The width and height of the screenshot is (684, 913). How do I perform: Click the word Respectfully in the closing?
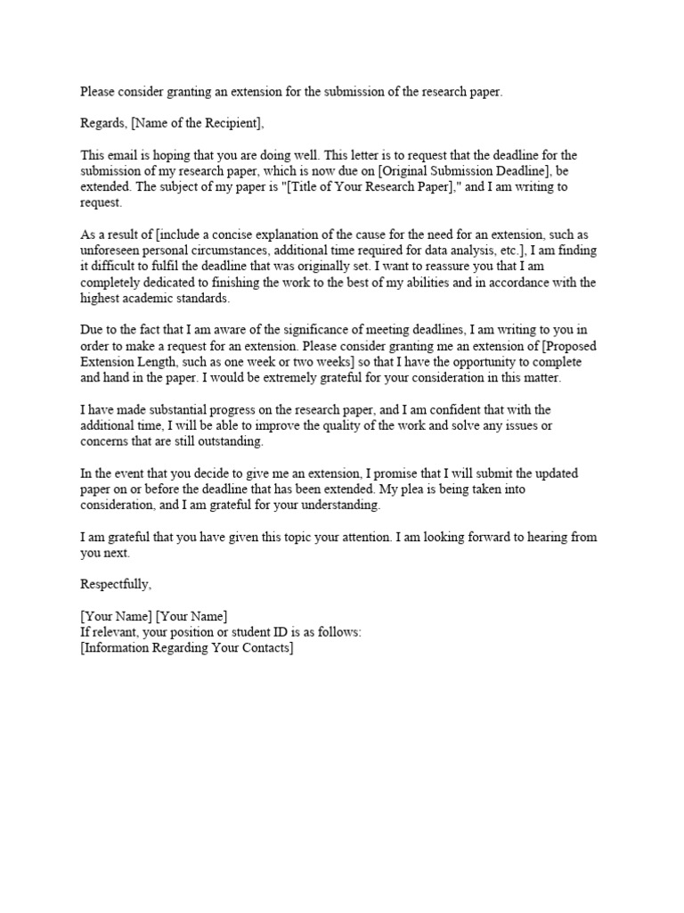coord(116,584)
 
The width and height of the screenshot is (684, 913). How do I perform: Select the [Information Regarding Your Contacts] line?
coord(187,648)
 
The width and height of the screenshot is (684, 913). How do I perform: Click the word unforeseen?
coord(110,251)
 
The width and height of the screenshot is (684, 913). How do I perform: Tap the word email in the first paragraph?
coord(123,153)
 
